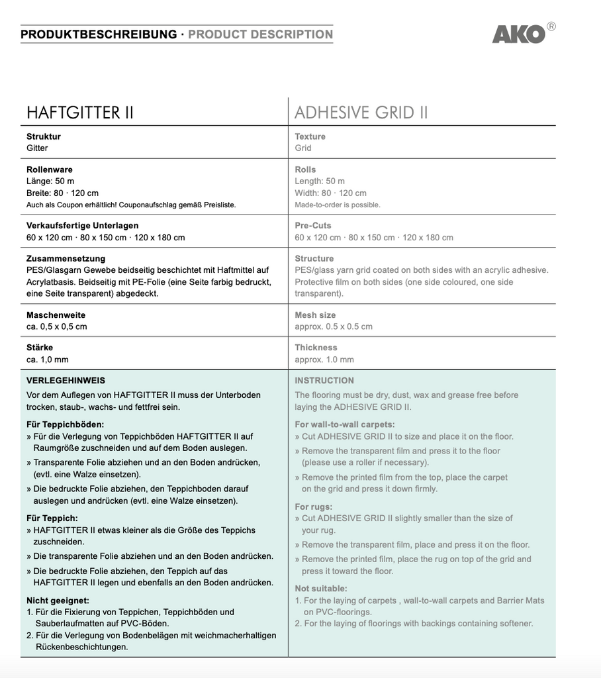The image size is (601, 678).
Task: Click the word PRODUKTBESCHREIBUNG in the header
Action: [99, 34]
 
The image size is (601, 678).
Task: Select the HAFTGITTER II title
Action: [79, 113]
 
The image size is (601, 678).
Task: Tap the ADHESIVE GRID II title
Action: [361, 113]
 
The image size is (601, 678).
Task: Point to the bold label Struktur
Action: [44, 136]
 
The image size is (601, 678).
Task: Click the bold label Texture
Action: [310, 136]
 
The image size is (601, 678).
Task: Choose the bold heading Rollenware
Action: [50, 169]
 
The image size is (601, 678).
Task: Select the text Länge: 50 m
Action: [50, 181]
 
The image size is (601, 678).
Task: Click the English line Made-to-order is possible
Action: [338, 205]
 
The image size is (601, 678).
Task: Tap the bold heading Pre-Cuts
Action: [313, 225]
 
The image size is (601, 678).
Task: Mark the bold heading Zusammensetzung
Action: [66, 258]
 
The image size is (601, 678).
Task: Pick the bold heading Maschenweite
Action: [56, 315]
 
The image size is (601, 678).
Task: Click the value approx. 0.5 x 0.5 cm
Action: [334, 326]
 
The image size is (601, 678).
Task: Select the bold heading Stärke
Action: [40, 347]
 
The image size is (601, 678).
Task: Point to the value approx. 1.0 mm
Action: [324, 360]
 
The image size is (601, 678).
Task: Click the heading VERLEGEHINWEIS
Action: [66, 381]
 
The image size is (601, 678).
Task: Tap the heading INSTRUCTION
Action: [324, 381]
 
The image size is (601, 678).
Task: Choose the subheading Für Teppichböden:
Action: [66, 424]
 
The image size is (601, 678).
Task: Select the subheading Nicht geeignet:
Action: [58, 600]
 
